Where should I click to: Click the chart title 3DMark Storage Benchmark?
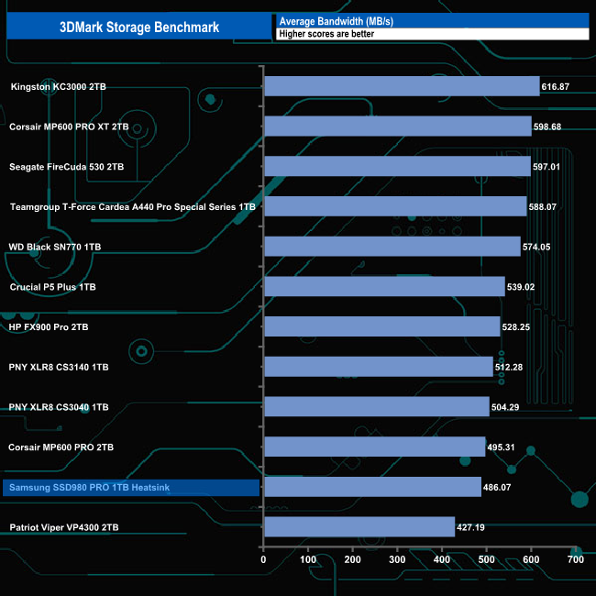pos(140,27)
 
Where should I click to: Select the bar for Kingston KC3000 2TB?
pos(401,86)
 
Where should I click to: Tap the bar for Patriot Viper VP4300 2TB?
pos(359,527)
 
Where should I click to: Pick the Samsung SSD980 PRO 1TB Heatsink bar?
pos(371,487)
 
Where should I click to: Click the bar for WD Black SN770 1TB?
pos(392,247)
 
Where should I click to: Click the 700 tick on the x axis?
pos(575,559)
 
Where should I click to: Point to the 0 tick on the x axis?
pos(264,559)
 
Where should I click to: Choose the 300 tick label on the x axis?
pos(397,559)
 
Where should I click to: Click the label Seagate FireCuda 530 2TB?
pos(66,167)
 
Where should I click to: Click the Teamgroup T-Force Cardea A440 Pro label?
pos(132,207)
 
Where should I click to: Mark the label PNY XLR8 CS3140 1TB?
pos(59,367)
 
